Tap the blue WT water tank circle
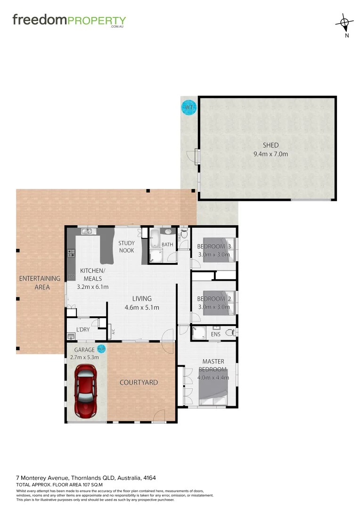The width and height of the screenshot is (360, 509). point(189,108)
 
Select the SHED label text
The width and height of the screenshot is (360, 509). point(270,145)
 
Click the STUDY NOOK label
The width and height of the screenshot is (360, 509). point(126,246)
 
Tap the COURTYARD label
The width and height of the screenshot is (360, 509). point(139,382)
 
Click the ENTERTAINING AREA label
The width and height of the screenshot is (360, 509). point(40,282)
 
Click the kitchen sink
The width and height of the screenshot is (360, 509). point(88,231)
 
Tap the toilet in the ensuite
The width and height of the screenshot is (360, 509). point(230,332)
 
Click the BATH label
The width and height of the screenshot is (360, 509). point(167,245)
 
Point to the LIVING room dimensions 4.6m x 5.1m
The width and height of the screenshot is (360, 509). point(142,308)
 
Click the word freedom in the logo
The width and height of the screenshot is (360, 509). point(40,20)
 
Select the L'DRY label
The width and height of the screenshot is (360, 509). point(82,329)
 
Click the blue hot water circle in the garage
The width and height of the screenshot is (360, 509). point(101,349)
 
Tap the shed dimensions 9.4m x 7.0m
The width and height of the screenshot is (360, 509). point(270,154)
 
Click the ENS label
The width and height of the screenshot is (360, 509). point(216,335)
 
